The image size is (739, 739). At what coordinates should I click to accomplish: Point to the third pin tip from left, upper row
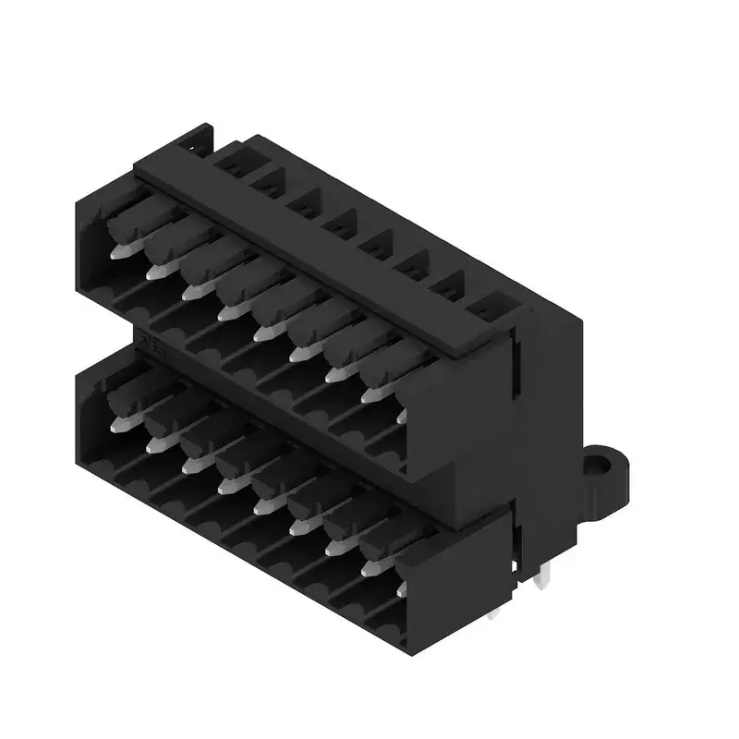pyautogui.click(x=192, y=292)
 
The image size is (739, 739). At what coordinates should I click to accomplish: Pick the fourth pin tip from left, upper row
pyautogui.click(x=227, y=313)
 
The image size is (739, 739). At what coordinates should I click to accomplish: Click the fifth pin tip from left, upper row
pyautogui.click(x=263, y=333)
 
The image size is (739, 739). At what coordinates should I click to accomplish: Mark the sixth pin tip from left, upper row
pyautogui.click(x=298, y=354)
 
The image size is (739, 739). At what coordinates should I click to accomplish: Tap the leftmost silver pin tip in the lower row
pyautogui.click(x=117, y=424)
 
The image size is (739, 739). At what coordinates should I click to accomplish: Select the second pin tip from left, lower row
pyautogui.click(x=153, y=445)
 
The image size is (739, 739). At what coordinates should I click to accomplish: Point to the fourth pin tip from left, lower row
pyautogui.click(x=225, y=486)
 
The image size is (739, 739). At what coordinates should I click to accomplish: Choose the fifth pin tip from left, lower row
pyautogui.click(x=261, y=507)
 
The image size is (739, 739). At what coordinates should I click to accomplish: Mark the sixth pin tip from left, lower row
pyautogui.click(x=297, y=527)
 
